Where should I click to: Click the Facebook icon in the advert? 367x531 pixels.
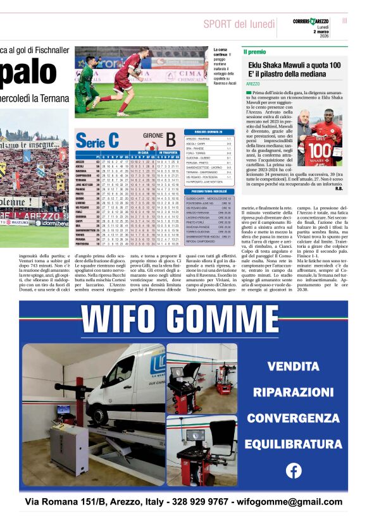tap(294, 470)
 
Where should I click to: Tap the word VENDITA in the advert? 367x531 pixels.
tap(293, 366)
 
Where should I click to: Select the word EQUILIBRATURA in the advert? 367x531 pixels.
tap(293, 443)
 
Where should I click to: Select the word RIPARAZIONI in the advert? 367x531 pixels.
tap(293, 392)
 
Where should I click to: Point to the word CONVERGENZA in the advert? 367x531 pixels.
tap(293, 418)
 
